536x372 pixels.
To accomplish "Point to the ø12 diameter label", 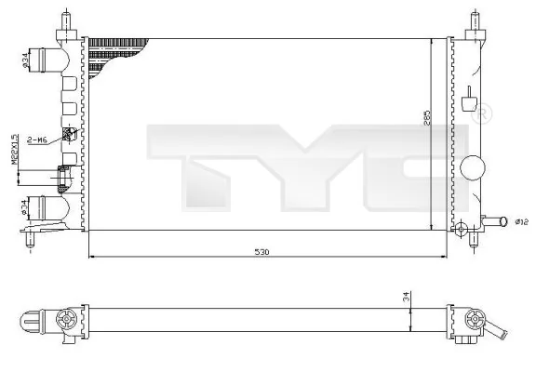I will [522, 221].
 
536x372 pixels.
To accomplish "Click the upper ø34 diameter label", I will [23, 62].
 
